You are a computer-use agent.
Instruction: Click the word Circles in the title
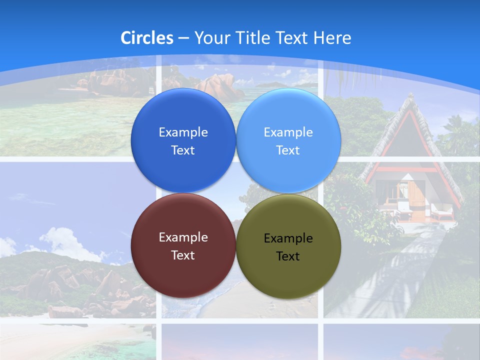tap(147, 38)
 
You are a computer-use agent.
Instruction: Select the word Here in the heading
tap(332, 38)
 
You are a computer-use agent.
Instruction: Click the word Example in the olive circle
tap(288, 238)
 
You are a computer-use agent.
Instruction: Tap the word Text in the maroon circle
tap(183, 255)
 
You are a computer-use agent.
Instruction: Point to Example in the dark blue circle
tap(183, 132)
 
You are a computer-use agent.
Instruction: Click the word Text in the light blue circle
tap(288, 150)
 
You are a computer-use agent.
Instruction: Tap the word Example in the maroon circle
tap(183, 237)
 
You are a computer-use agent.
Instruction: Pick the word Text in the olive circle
tap(288, 256)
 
